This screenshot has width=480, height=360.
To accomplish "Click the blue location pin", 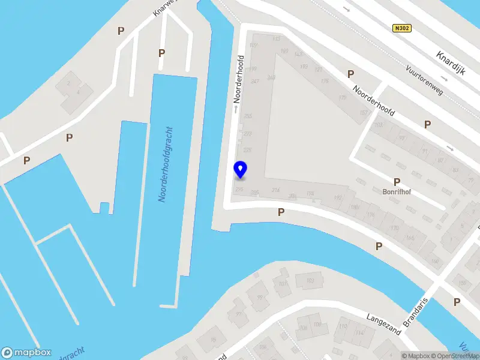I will pos(240,170).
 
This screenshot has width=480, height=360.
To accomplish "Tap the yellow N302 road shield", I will pos(401,28).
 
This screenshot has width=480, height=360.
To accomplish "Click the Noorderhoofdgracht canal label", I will pos(166,164).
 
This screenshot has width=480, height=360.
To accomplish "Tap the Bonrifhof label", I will pos(395,193).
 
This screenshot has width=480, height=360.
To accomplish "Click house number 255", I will pos(248,116).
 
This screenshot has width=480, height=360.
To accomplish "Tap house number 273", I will pos(247,133).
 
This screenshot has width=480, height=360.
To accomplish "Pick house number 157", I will pos(363,113).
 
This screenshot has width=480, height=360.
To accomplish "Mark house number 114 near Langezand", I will pos(359,334).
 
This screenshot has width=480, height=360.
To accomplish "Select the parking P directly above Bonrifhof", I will pos(397,182).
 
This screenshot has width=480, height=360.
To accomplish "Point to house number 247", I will pos(255,81).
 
